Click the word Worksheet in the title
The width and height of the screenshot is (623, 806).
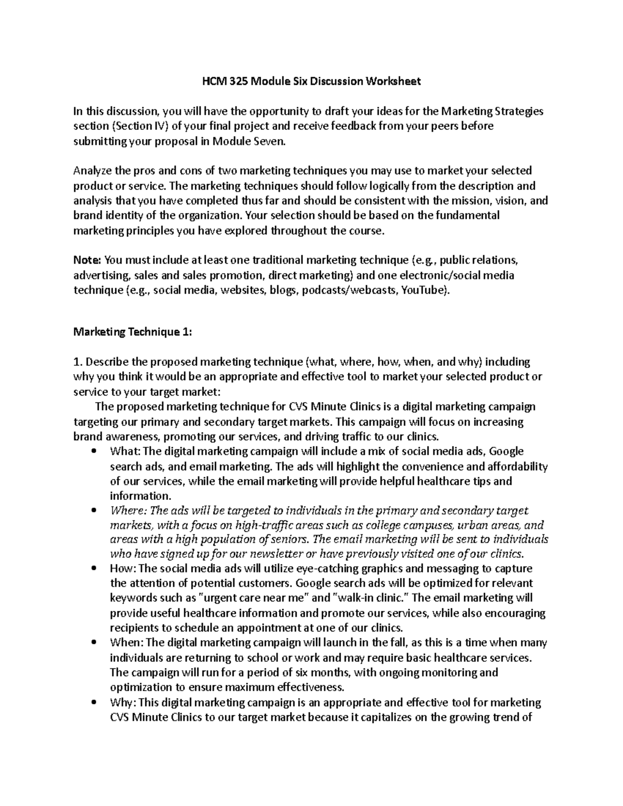pos(395,81)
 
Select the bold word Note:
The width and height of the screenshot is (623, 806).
pos(88,260)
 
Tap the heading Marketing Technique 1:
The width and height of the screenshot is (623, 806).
pos(133,332)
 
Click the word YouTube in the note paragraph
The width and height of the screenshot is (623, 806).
pos(423,290)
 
